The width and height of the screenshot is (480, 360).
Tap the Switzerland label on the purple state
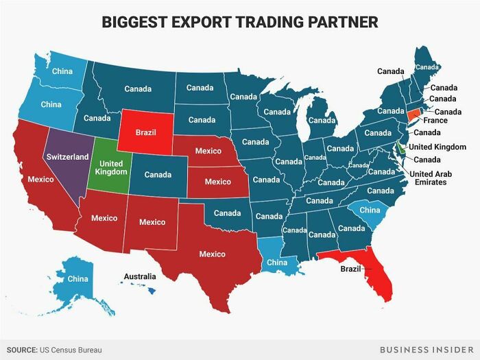[66, 156]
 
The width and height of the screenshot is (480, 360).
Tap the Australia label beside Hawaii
[139, 276]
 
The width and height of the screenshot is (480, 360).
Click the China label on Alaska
[77, 278]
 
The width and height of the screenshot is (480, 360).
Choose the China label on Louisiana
[277, 262]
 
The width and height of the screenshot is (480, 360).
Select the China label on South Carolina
[370, 209]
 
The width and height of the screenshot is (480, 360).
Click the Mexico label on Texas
[212, 254]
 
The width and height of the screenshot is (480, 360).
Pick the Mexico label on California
[40, 179]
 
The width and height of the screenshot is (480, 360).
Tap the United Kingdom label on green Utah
[110, 167]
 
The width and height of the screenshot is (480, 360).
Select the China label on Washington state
[62, 71]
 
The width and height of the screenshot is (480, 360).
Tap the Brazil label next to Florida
[350, 269]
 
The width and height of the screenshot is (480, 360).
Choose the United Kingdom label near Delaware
[437, 147]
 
